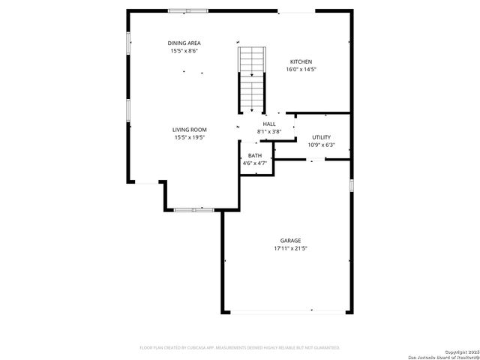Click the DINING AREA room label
tap(184, 43)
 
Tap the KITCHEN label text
tap(301, 61)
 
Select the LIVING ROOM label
tap(190, 130)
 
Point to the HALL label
tap(269, 124)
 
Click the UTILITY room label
tap(322, 137)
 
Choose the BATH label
tap(255, 155)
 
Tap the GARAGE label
tap(291, 240)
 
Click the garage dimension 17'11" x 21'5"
tap(291, 248)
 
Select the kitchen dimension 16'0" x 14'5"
tap(301, 70)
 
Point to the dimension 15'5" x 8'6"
tap(184, 51)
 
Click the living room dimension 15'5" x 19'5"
tap(190, 138)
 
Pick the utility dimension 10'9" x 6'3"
tap(322, 145)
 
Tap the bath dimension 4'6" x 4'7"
tap(255, 163)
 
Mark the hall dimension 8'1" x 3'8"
tap(269, 132)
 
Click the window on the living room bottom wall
tap(194, 210)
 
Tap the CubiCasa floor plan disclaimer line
tap(240, 347)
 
